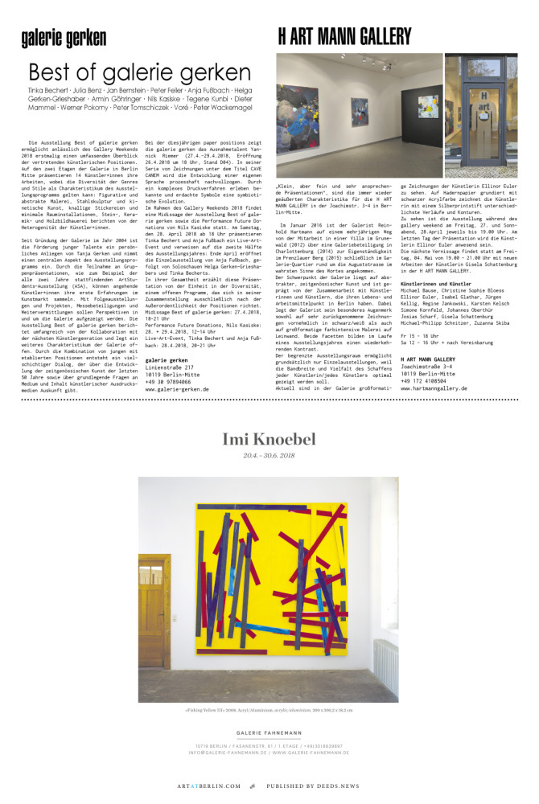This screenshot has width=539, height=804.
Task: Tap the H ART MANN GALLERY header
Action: [x=344, y=36]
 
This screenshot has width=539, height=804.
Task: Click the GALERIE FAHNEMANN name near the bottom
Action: [x=269, y=733]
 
